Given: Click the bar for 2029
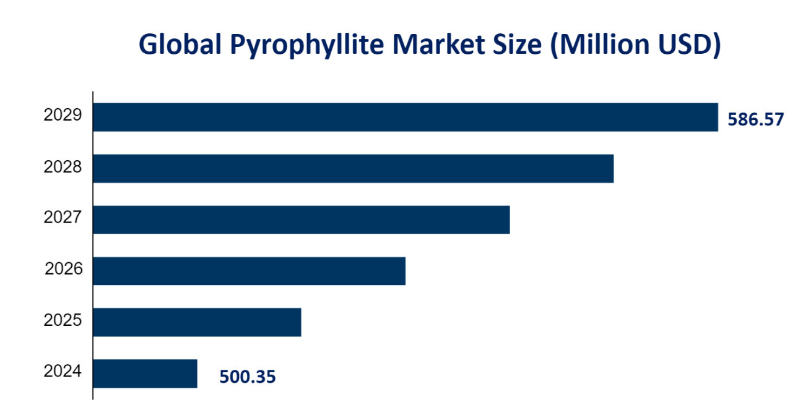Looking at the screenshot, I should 405,117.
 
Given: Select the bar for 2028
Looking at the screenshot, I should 353,169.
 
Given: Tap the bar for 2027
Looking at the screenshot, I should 301,220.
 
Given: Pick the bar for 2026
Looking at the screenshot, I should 249,271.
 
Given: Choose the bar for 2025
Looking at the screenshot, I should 197,322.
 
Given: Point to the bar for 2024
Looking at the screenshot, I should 145,373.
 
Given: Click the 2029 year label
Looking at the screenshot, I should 63,115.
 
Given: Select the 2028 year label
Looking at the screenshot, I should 63,166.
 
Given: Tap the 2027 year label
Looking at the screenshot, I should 63,218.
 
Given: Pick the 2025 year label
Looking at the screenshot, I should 63,320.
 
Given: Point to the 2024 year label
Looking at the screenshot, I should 63,372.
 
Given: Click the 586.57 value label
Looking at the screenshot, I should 756,119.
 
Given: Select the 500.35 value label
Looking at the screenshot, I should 248,377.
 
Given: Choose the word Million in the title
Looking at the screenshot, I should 601,46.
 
